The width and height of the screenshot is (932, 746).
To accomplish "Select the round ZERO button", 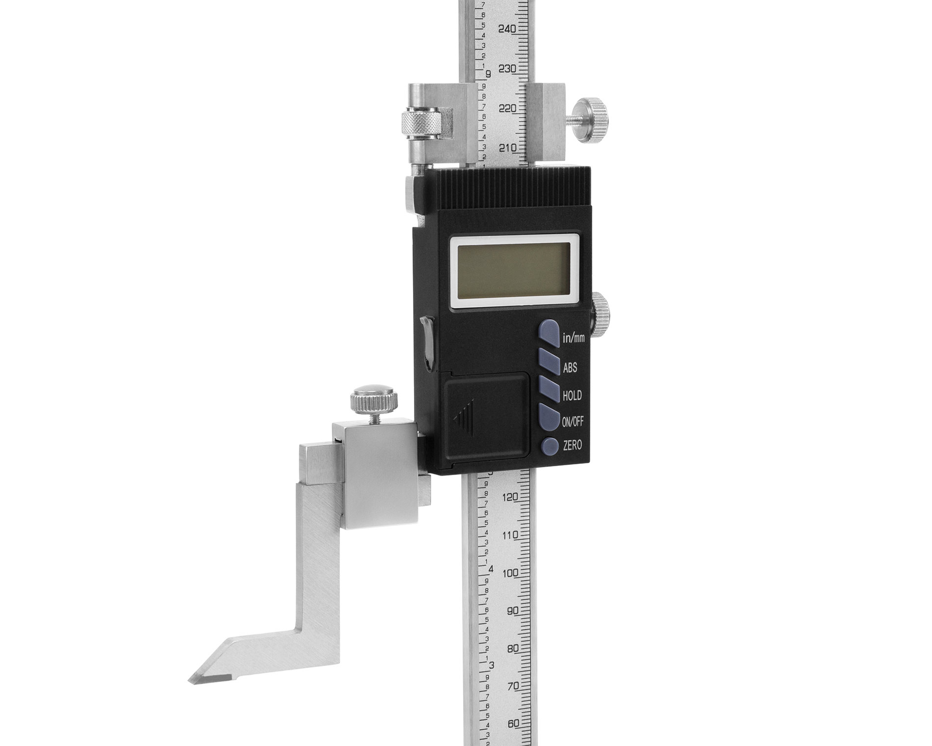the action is (550, 446).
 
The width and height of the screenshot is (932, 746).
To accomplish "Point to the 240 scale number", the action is (507, 29).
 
